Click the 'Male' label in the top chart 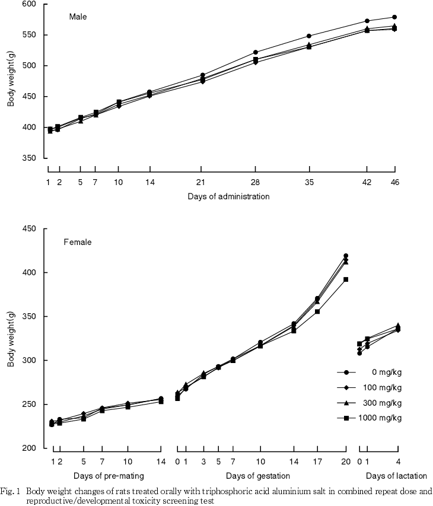tap(78, 17)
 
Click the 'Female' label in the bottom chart tap(78, 242)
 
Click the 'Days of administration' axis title tap(228, 196)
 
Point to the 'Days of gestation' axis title tap(261, 476)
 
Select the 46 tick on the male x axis tap(394, 182)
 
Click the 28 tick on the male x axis tap(255, 182)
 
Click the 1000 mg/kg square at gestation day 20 tap(345, 279)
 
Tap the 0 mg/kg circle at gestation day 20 tap(345, 256)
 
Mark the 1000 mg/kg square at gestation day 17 tap(318, 311)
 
